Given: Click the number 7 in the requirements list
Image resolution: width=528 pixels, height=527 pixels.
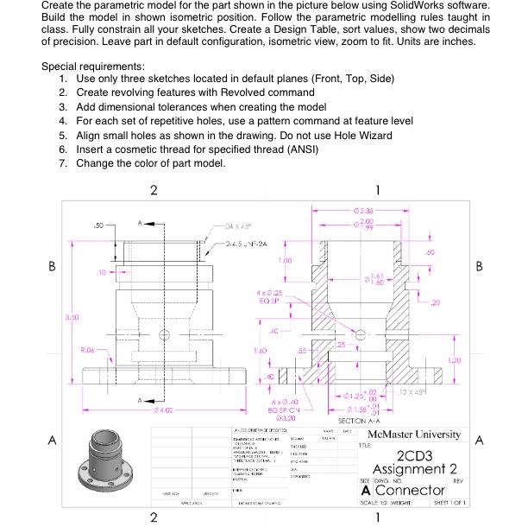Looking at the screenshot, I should pos(64,163).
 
